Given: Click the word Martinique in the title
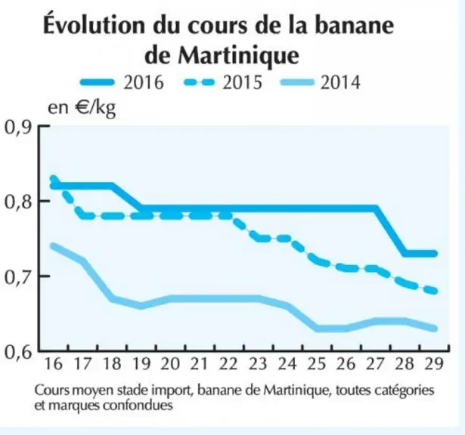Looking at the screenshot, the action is tap(238, 56).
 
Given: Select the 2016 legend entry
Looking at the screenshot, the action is tap(122, 82).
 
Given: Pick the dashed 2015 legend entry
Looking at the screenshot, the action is tap(223, 82).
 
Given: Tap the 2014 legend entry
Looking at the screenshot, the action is tap(321, 82).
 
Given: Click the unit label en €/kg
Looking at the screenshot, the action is tap(82, 108).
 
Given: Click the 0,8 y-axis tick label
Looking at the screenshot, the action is tap(17, 202).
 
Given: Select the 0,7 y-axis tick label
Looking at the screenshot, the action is tap(17, 278).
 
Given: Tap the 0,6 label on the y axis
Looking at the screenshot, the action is tap(17, 353).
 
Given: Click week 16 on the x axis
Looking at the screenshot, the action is tap(54, 364).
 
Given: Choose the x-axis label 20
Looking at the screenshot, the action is tap(170, 364).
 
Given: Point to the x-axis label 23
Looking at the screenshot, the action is tap(258, 364).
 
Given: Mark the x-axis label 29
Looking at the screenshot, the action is tap(434, 364).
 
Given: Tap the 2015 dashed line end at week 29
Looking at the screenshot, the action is tap(434, 291).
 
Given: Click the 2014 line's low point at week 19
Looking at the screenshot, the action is tap(141, 306).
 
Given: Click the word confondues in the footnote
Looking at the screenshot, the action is tap(138, 405).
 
